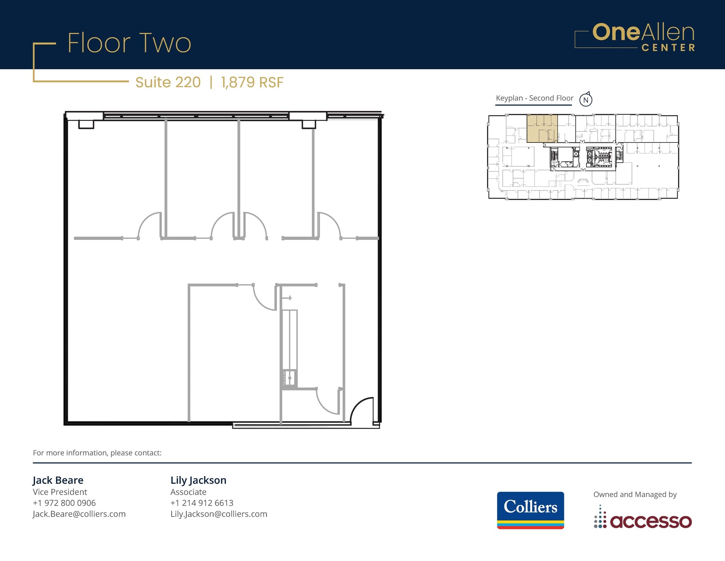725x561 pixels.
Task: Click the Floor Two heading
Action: tap(129, 43)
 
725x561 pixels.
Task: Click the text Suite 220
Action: tap(168, 82)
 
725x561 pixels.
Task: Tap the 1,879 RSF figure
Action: tap(252, 82)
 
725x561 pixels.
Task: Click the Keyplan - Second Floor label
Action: tap(534, 98)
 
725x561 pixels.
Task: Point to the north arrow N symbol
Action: tap(586, 100)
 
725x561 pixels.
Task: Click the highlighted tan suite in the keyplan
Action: tap(542, 128)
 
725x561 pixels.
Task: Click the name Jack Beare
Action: tap(58, 480)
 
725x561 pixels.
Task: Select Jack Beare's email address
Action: tap(79, 514)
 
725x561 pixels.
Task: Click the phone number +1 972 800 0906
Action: tap(64, 503)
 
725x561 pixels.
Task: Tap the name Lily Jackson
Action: tap(198, 480)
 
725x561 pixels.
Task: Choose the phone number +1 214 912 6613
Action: tap(202, 503)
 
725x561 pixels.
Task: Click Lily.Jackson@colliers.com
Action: tap(218, 514)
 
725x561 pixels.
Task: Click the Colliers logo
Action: tap(530, 510)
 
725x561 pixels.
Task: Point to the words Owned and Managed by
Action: tap(635, 494)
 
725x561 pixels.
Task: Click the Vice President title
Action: tap(60, 492)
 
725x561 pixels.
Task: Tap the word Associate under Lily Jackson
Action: tap(188, 492)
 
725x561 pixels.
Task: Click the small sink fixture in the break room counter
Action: tap(290, 378)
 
